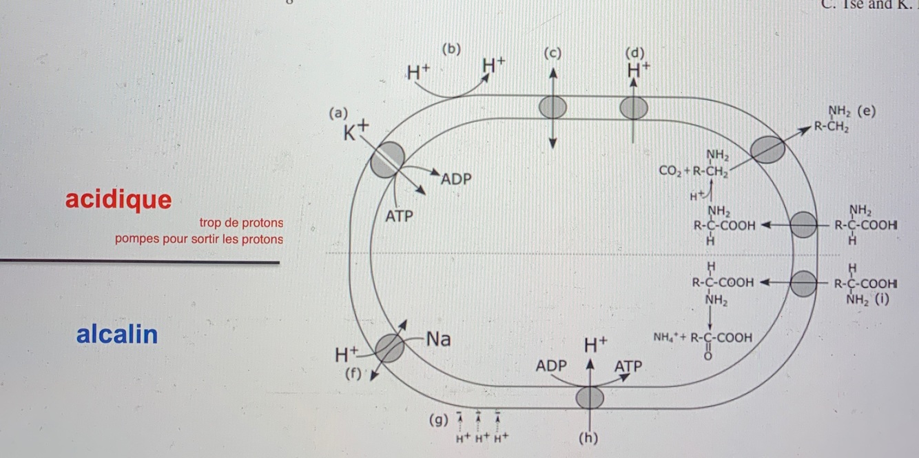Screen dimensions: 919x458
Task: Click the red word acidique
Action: tap(118, 199)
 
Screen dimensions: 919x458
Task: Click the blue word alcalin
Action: tap(117, 335)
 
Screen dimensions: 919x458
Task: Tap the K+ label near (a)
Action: tap(356, 131)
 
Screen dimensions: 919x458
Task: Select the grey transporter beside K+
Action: tap(387, 160)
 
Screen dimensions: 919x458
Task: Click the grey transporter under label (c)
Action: tap(553, 108)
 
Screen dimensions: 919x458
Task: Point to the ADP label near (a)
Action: tap(456, 179)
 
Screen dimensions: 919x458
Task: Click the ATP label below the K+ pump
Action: tap(399, 217)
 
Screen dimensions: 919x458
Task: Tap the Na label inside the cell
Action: tap(438, 339)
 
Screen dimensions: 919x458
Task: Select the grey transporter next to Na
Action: tap(390, 348)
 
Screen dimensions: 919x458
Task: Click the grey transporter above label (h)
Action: tap(589, 398)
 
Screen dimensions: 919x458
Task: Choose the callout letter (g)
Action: tap(437, 419)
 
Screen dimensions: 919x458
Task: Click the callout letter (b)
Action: tap(451, 50)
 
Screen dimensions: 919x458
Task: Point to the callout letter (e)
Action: tap(867, 112)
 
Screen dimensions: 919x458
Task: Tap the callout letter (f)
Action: tap(353, 374)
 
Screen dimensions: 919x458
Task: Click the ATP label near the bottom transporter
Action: tap(628, 366)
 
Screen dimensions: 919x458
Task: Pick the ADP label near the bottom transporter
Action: tap(551, 366)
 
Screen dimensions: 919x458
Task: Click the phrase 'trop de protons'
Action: tap(241, 223)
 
